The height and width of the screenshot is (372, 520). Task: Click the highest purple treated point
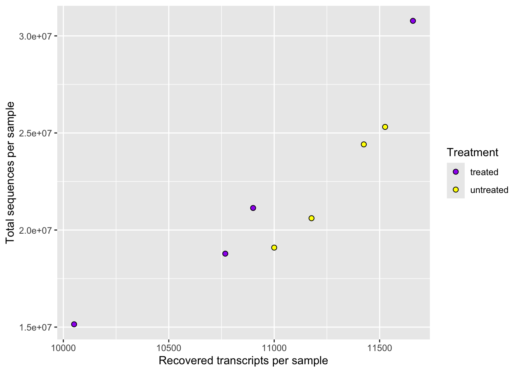(x=413, y=21)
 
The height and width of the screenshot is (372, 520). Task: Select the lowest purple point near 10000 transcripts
(x=74, y=324)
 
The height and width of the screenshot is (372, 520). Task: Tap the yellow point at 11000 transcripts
(x=274, y=248)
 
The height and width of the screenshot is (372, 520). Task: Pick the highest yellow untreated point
(x=385, y=127)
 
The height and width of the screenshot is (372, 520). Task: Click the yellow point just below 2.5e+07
(x=364, y=145)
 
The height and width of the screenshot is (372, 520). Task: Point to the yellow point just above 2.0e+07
(x=311, y=218)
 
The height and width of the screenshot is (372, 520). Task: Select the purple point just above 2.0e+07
(x=253, y=208)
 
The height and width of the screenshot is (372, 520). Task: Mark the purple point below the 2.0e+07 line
(x=226, y=254)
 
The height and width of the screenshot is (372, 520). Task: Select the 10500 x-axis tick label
(x=169, y=347)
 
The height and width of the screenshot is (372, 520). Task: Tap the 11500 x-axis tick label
(x=380, y=347)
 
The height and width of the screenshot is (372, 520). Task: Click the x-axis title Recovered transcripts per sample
(x=243, y=361)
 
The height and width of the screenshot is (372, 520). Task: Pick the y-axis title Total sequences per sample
(x=10, y=172)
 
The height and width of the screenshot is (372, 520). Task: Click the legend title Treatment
(x=472, y=153)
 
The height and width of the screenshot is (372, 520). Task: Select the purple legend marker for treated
(x=456, y=172)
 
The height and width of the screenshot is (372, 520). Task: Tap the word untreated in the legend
(x=489, y=190)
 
